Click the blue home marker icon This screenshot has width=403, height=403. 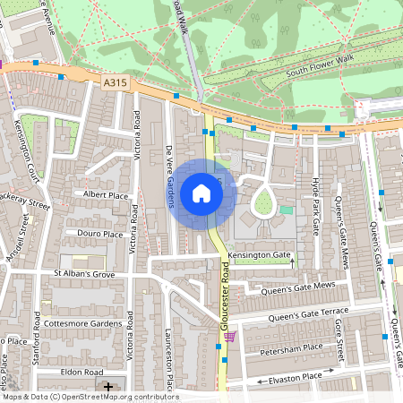click(x=201, y=193)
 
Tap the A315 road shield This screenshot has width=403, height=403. click(x=116, y=82)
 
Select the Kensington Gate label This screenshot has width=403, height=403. click(x=260, y=256)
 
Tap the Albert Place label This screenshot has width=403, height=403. click(x=106, y=194)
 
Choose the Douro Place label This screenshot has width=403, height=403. click(x=100, y=234)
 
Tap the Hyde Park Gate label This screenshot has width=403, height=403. click(x=315, y=205)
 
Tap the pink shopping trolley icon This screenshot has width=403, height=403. click(x=232, y=337)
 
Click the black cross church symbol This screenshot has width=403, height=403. click(x=108, y=387)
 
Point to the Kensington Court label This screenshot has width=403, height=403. click(x=30, y=160)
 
